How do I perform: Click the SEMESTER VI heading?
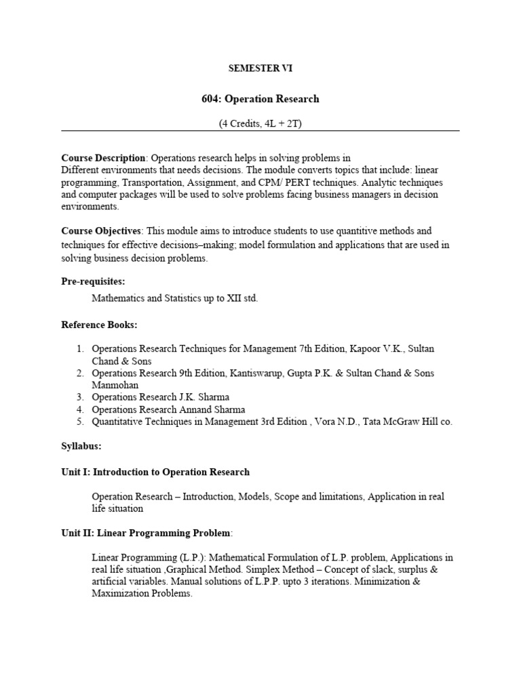(x=260, y=68)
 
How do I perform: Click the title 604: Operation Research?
(x=260, y=99)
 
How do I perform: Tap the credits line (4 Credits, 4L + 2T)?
(x=260, y=123)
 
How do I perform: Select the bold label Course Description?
(x=103, y=158)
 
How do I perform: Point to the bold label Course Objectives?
(x=101, y=231)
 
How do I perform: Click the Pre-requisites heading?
(x=94, y=281)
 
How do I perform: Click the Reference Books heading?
(x=99, y=325)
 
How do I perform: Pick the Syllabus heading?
(x=81, y=447)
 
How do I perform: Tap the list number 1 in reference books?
(x=79, y=348)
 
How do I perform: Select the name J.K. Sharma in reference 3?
(x=211, y=397)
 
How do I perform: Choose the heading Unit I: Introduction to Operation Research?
(x=155, y=472)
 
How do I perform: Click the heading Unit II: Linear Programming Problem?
(x=147, y=533)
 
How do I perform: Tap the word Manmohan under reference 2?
(x=116, y=385)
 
